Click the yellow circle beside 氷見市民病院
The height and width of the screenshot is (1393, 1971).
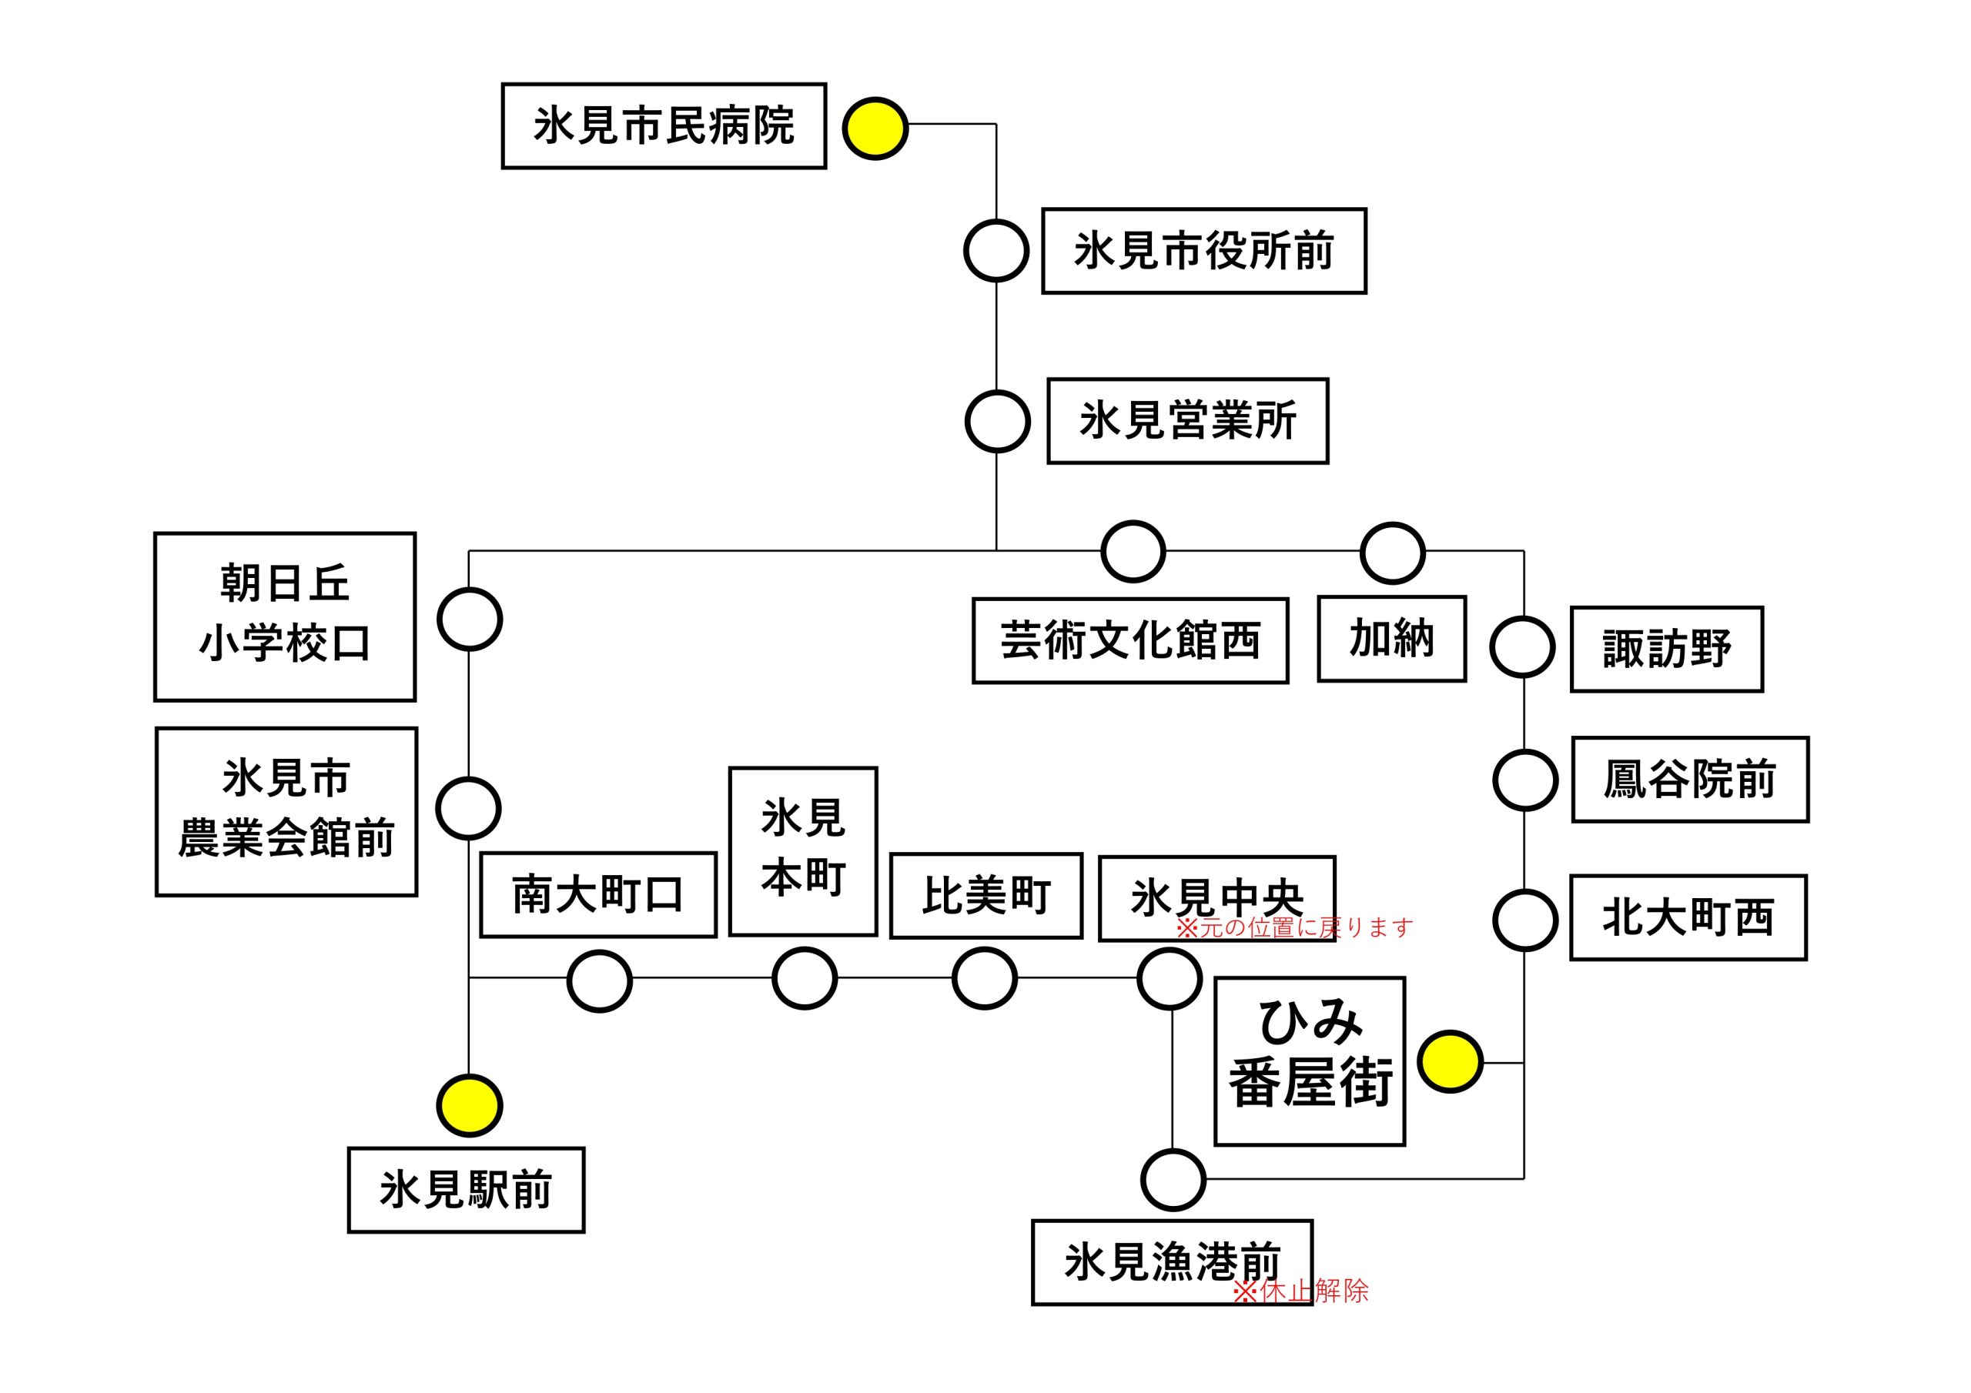[875, 129]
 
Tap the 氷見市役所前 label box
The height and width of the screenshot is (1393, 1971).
[1203, 251]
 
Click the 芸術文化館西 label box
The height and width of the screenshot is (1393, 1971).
[1129, 640]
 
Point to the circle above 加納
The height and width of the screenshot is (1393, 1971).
[1393, 553]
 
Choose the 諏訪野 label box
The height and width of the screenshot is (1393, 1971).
[1666, 649]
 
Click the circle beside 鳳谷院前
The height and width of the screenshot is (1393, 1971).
[1525, 780]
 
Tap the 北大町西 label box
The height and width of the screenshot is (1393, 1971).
[1688, 917]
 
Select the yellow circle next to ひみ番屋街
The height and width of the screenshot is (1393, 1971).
[1450, 1062]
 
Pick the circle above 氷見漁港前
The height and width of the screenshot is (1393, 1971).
[1173, 1180]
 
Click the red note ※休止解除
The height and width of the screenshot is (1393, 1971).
[1300, 1291]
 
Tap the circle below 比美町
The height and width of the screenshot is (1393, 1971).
[985, 978]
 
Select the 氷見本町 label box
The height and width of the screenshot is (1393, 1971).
[803, 850]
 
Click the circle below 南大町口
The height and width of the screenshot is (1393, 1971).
[599, 981]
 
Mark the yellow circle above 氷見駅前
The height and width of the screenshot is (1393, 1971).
[470, 1105]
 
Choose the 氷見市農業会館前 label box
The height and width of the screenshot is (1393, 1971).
[286, 812]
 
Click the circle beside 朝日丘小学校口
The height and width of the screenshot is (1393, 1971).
[470, 619]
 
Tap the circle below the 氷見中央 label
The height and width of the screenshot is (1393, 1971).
[1170, 978]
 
